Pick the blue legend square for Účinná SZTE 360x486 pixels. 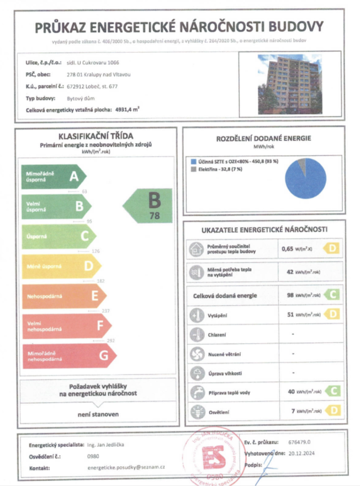(193, 162)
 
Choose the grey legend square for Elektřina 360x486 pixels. (193, 170)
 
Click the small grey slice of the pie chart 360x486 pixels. (302, 164)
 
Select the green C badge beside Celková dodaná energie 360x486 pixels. (331, 295)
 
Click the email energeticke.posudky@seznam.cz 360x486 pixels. (126, 467)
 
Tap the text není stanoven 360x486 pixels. (98, 413)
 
